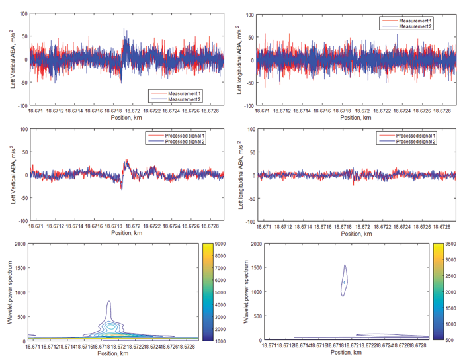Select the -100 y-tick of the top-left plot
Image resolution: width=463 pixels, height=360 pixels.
coord(18,105)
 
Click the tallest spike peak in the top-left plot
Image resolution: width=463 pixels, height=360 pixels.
coord(124,29)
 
